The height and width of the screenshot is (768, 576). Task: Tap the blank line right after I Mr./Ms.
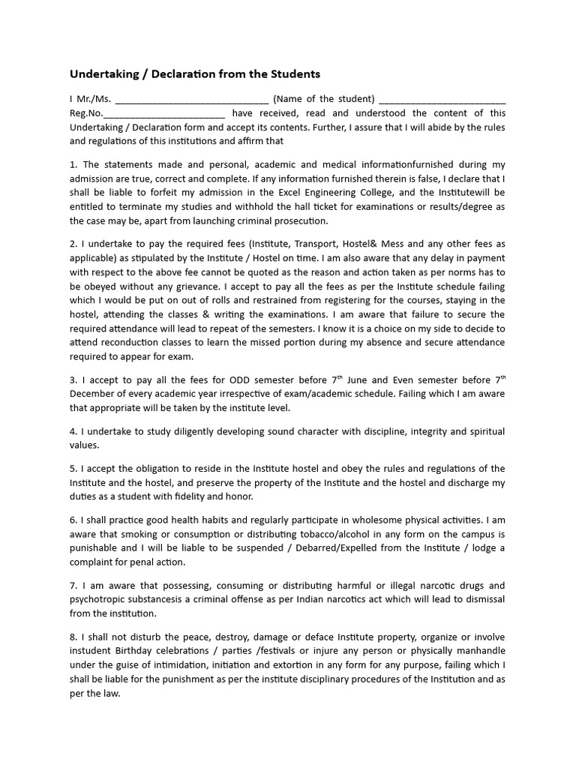point(192,100)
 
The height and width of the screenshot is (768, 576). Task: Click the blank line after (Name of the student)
point(442,100)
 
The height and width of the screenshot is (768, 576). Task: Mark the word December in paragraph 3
point(94,394)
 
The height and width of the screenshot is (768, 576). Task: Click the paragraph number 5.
point(73,469)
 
